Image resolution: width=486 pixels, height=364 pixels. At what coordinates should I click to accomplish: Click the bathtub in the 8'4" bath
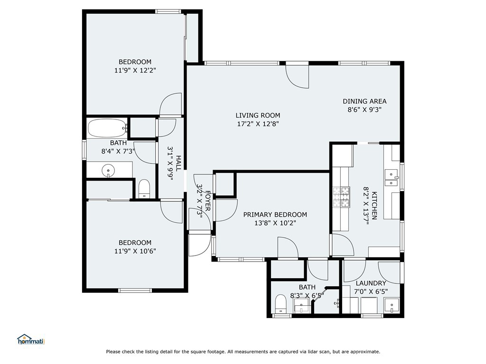click(x=107, y=128)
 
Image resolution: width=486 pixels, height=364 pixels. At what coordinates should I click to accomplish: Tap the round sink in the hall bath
click(x=108, y=171)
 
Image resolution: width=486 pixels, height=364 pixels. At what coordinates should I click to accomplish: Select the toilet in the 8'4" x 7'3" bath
click(x=144, y=189)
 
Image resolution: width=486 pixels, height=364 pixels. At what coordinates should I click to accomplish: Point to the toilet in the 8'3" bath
click(x=281, y=304)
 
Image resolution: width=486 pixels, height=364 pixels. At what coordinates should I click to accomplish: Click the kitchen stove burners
click(x=341, y=197)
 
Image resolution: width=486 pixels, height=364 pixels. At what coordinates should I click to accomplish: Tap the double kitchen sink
click(x=392, y=178)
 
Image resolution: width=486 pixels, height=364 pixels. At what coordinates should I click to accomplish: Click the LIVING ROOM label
click(x=258, y=116)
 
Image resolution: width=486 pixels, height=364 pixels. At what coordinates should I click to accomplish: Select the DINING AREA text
click(x=364, y=101)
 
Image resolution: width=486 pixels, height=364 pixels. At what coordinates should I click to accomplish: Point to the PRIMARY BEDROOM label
click(x=275, y=215)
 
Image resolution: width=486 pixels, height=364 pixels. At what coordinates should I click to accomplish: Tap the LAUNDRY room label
click(x=371, y=283)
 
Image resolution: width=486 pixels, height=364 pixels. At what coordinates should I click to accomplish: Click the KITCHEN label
click(x=374, y=206)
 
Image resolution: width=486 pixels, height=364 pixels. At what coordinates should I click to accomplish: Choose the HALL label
click(x=178, y=163)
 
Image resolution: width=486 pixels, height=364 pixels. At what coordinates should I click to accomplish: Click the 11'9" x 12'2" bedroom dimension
click(x=135, y=70)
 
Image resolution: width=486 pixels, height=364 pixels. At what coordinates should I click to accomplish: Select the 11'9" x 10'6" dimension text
click(x=135, y=251)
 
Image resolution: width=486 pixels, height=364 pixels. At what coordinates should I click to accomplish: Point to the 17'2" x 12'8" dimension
click(x=258, y=124)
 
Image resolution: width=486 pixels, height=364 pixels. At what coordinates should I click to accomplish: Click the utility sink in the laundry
click(x=392, y=306)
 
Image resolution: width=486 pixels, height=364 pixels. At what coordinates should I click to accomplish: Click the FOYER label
click(x=208, y=201)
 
